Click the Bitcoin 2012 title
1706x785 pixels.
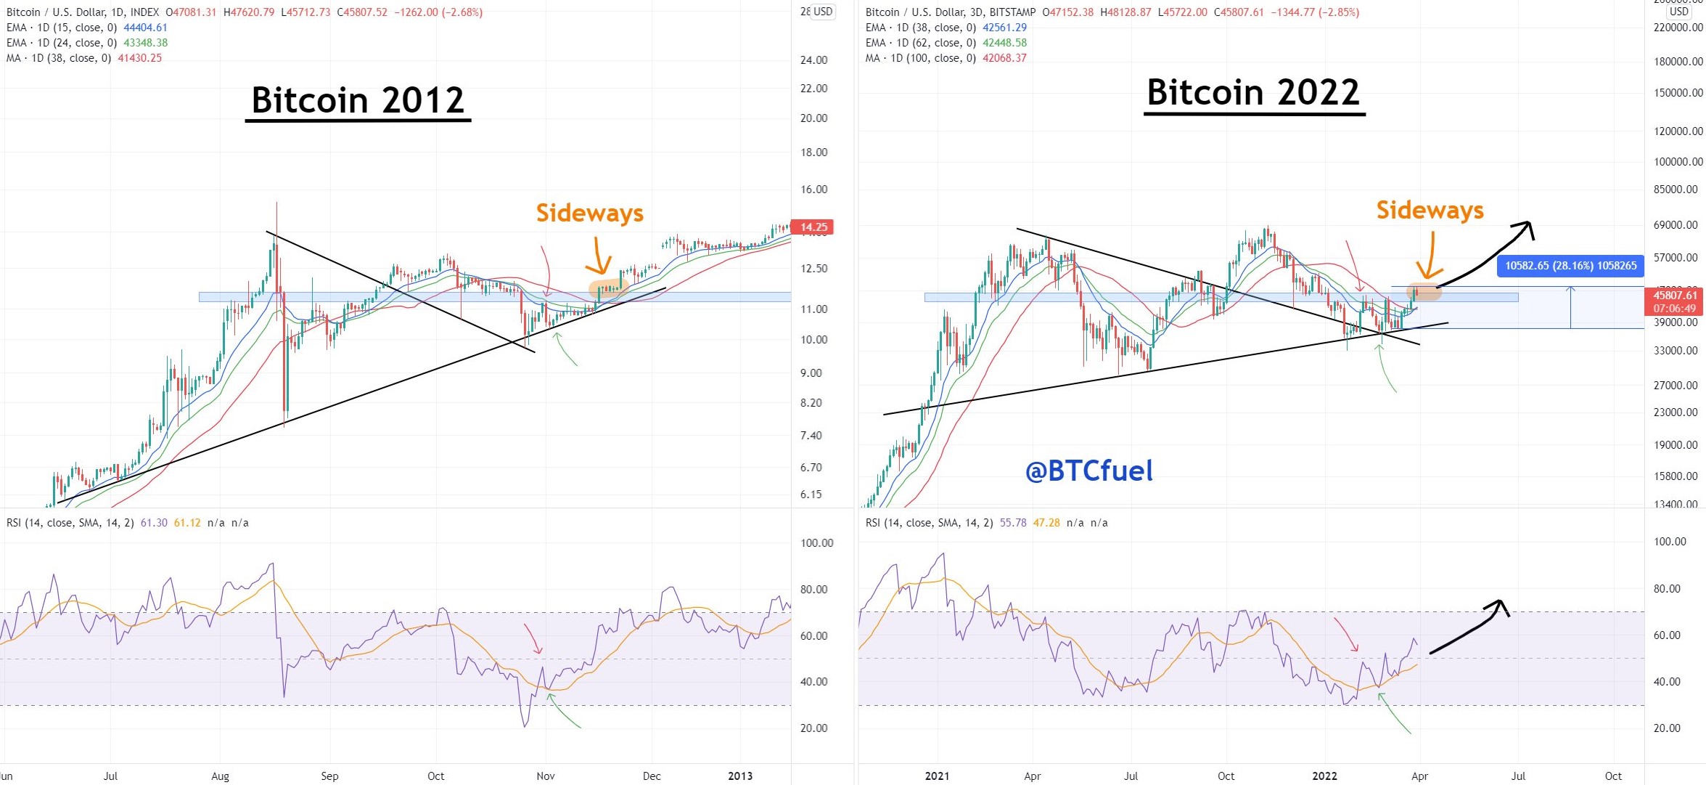click(x=358, y=100)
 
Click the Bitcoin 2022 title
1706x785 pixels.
click(x=1253, y=93)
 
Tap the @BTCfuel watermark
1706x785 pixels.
click(x=1088, y=471)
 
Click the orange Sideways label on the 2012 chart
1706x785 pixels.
click(x=590, y=213)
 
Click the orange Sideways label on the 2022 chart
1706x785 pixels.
click(x=1430, y=211)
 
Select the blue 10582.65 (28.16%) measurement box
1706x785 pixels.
click(x=1570, y=266)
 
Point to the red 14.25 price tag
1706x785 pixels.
click(x=813, y=227)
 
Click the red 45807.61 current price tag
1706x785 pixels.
click(x=1675, y=296)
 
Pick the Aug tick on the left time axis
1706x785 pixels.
click(x=220, y=776)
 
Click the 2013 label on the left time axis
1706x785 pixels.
click(x=740, y=776)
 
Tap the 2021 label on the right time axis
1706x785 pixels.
click(x=937, y=776)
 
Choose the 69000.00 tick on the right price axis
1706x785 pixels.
click(x=1676, y=225)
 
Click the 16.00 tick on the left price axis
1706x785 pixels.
click(x=813, y=190)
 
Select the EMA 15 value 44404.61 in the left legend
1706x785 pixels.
click(x=145, y=28)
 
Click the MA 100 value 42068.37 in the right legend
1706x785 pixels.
click(x=1004, y=58)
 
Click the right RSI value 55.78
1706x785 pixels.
click(x=1013, y=523)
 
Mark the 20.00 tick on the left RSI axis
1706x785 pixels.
click(x=813, y=728)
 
